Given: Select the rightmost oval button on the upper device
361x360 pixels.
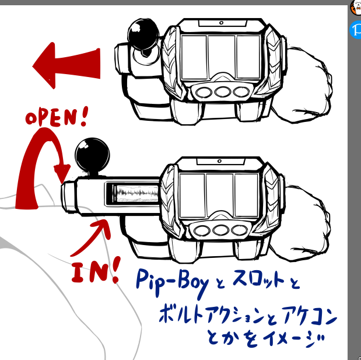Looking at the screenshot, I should pyautogui.click(x=240, y=92).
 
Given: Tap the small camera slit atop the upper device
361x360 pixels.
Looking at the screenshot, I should pyautogui.click(x=222, y=23).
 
